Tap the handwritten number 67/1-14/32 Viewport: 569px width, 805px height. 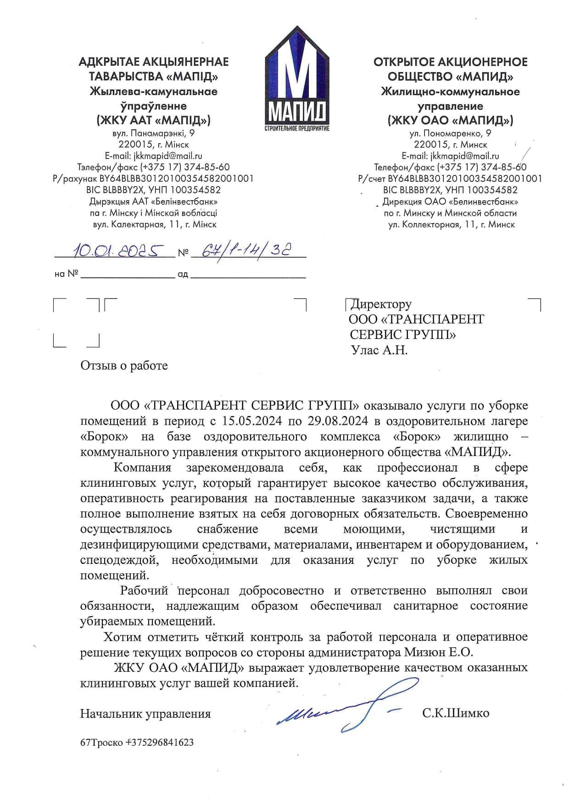pos(248,250)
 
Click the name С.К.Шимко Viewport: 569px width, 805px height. pos(456,713)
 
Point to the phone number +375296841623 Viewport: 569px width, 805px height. pos(160,742)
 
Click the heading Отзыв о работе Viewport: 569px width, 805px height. pos(124,366)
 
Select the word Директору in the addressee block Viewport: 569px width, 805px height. pos(381,304)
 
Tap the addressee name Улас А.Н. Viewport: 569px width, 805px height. pos(379,350)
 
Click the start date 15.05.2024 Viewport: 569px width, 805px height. pos(252,421)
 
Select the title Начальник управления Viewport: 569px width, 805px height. pos(145,714)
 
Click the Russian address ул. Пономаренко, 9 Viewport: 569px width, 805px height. pos(450,134)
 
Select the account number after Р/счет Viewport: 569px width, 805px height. pos(465,179)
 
